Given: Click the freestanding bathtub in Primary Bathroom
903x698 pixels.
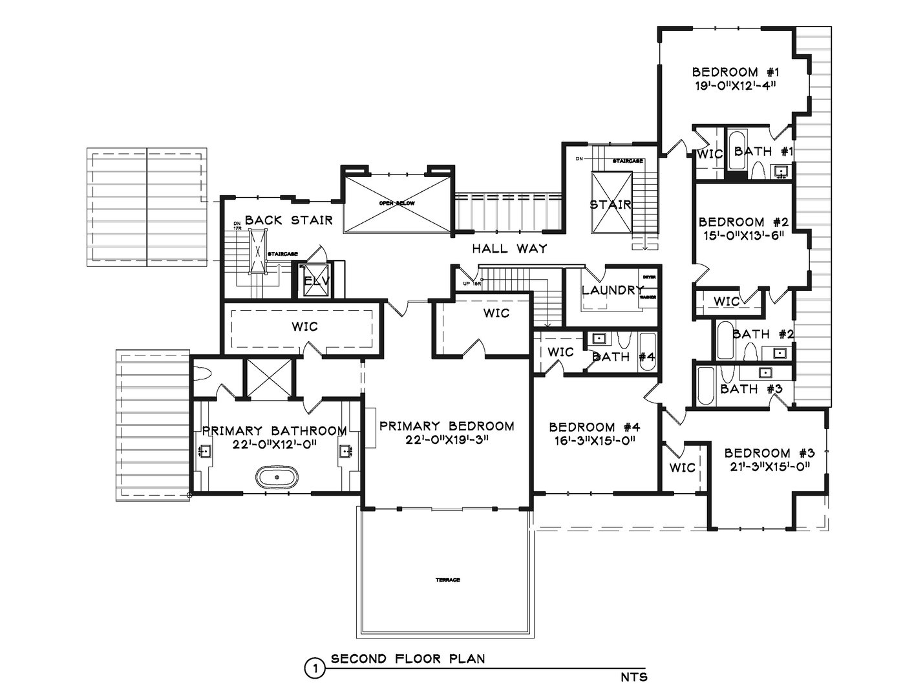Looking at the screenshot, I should (x=277, y=478).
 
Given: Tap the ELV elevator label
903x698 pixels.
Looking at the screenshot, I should (x=317, y=282).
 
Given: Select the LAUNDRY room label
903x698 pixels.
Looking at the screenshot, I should (x=612, y=290).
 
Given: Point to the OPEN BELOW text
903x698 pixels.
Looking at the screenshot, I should (x=396, y=203).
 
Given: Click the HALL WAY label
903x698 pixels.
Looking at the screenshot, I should (x=509, y=248).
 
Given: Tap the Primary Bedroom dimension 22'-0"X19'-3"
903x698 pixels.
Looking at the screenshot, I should (x=447, y=440).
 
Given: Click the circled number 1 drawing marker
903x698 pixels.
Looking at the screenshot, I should (x=314, y=667).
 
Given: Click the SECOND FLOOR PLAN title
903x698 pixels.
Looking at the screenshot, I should (x=408, y=659).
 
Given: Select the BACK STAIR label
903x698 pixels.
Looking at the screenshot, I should (x=288, y=220).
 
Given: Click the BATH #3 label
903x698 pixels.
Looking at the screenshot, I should (x=751, y=389).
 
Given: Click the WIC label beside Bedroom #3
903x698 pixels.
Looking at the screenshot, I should (x=682, y=467).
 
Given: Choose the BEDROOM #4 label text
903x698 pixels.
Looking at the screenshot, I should (x=594, y=427).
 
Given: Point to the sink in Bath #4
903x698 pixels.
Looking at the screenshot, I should (x=599, y=338).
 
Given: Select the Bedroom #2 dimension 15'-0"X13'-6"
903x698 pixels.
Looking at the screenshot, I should (x=743, y=235).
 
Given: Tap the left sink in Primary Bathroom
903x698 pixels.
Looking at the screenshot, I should (x=206, y=452).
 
